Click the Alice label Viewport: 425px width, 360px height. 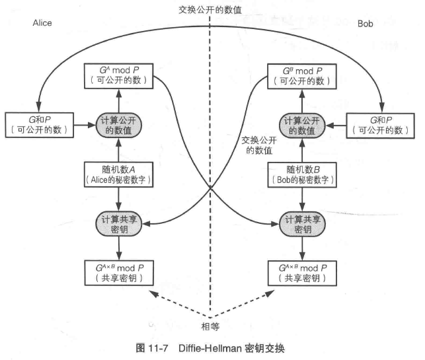pos(42,23)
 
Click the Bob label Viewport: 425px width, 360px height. pos(365,24)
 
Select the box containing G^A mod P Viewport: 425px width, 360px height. pos(119,76)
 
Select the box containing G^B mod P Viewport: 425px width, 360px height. pos(302,77)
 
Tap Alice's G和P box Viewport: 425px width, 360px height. pos(39,125)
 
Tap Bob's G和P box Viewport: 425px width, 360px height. pos(381,126)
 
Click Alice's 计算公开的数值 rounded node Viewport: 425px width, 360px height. pos(119,125)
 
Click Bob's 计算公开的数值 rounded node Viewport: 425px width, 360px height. pos(302,126)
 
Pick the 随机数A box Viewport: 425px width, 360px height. pos(119,175)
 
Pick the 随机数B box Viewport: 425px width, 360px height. pos(302,175)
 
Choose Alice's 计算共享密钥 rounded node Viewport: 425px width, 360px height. pos(119,224)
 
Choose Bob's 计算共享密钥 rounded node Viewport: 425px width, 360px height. pos(302,225)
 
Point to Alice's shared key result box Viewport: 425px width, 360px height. pos(119,273)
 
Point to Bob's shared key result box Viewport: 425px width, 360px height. pos(302,273)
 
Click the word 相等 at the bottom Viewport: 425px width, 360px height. pos(210,327)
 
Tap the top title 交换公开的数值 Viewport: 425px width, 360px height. pos(210,10)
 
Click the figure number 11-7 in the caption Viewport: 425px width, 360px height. pos(158,348)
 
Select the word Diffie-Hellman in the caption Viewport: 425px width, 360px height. pos(210,348)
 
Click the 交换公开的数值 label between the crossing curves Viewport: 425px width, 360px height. pos(259,145)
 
